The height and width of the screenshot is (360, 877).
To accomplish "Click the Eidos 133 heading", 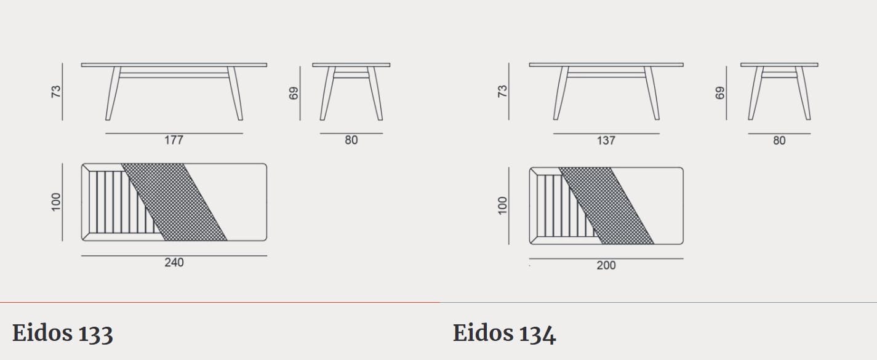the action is point(63,334).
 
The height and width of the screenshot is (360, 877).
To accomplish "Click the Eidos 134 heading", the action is point(504,334).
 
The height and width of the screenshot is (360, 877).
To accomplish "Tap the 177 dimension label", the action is point(174,140).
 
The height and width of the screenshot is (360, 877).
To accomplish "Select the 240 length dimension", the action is point(174,262).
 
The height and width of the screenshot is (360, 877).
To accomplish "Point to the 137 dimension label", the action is point(606,140).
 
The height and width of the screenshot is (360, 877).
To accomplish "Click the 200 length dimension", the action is point(606,265).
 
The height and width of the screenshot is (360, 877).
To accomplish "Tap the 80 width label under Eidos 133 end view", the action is point(351,140).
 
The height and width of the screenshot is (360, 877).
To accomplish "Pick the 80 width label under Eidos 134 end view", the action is point(779,140).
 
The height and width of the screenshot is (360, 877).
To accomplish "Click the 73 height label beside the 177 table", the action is point(57,92).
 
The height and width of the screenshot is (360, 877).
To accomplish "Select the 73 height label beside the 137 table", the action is point(502,92).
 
